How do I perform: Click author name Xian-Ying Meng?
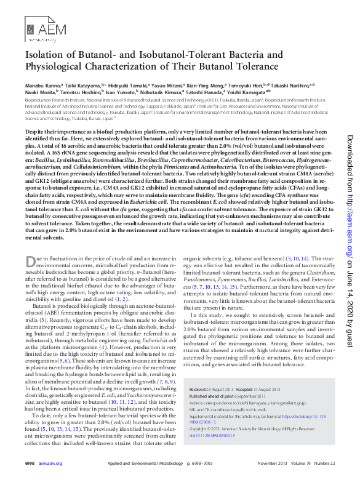191,84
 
